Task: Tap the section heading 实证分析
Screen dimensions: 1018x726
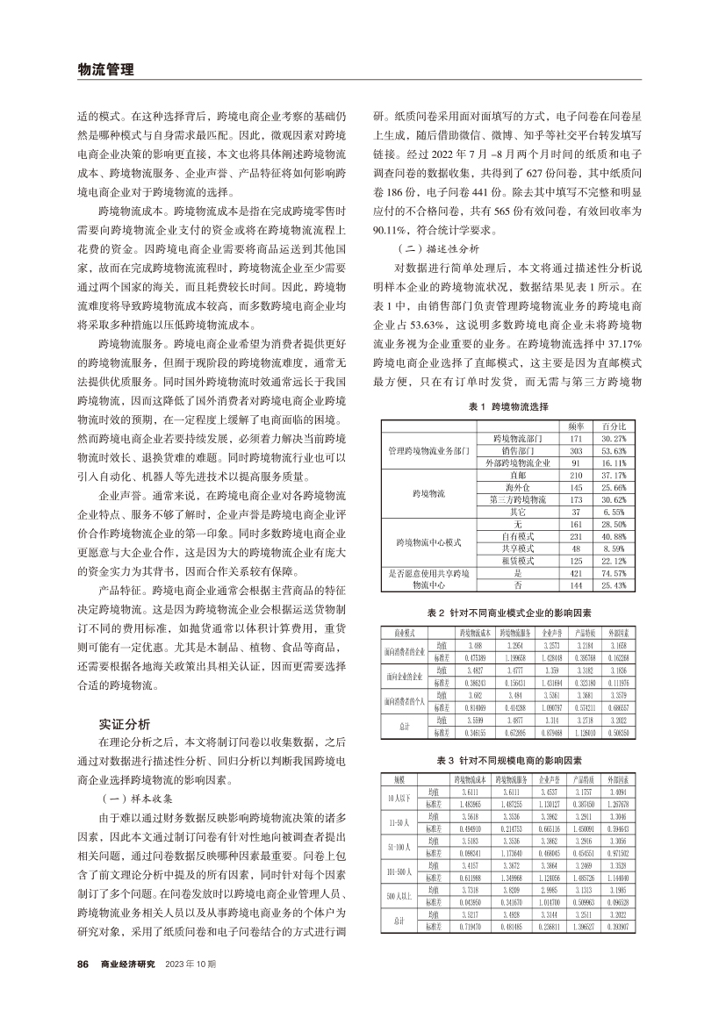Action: coord(126,699)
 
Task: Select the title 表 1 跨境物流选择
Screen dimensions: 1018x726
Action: coord(508,407)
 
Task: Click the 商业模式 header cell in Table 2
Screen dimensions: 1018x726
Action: coord(400,631)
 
